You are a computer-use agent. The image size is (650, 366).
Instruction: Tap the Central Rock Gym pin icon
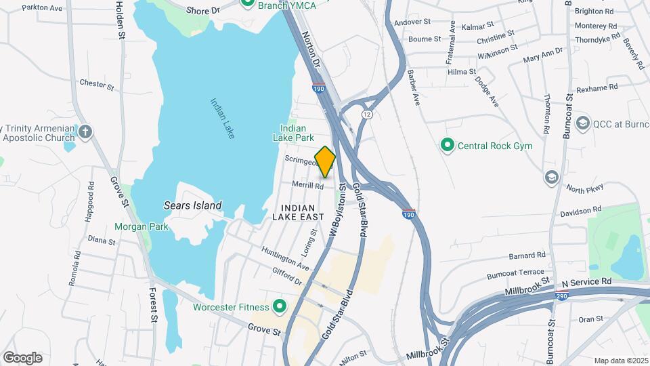(x=447, y=145)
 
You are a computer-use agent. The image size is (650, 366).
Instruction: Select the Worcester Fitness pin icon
(x=279, y=307)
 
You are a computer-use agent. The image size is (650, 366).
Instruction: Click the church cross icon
(x=85, y=131)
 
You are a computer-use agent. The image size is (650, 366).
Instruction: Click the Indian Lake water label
(x=222, y=119)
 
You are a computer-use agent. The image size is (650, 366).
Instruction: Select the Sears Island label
(x=192, y=205)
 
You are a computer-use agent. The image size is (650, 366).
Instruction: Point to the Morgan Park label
(x=141, y=227)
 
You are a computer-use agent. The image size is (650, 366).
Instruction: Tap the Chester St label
(x=97, y=84)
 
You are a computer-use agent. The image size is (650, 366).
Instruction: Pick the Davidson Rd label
(x=577, y=212)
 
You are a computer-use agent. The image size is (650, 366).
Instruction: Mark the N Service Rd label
(x=586, y=281)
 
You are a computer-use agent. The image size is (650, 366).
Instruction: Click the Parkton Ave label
(x=42, y=8)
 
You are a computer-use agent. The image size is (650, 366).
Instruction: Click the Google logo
(x=22, y=357)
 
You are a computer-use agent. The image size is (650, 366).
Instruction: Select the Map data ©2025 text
(x=620, y=361)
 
